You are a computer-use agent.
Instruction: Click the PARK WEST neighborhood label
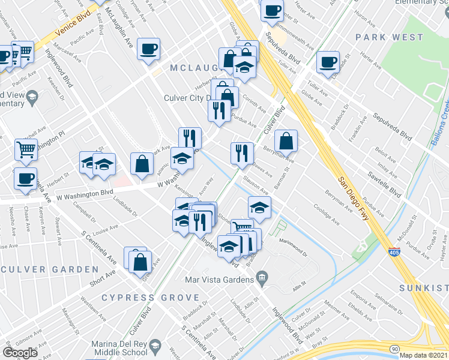pyautogui.click(x=388, y=37)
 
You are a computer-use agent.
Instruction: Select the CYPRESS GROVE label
pyautogui.click(x=150, y=298)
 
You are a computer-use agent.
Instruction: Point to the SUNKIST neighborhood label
pyautogui.click(x=423, y=288)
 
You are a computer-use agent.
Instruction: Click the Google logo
pyautogui.click(x=20, y=352)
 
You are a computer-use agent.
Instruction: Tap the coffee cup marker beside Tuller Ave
pyautogui.click(x=328, y=62)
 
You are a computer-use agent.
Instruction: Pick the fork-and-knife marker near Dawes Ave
pyautogui.click(x=242, y=152)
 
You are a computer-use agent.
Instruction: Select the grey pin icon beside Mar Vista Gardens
pyautogui.click(x=262, y=278)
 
